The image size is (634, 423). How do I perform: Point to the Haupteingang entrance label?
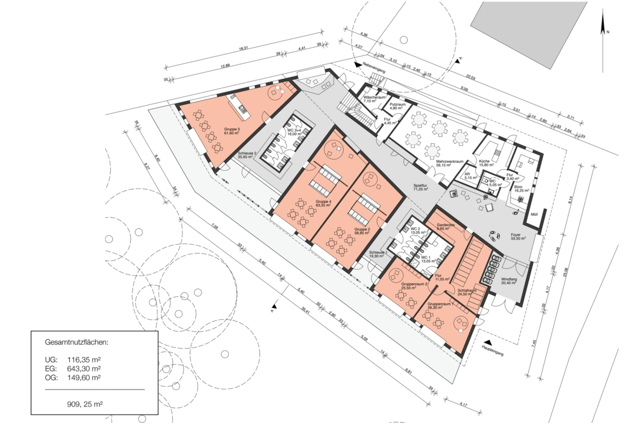pyautogui.click(x=492, y=349)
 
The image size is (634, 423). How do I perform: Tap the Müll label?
pyautogui.click(x=534, y=215)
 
